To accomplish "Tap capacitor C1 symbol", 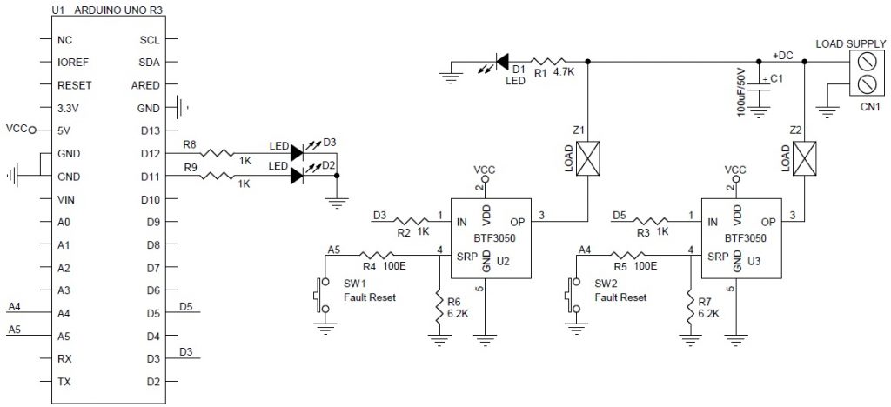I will click(760, 85).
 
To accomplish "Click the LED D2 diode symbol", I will click(297, 176).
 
